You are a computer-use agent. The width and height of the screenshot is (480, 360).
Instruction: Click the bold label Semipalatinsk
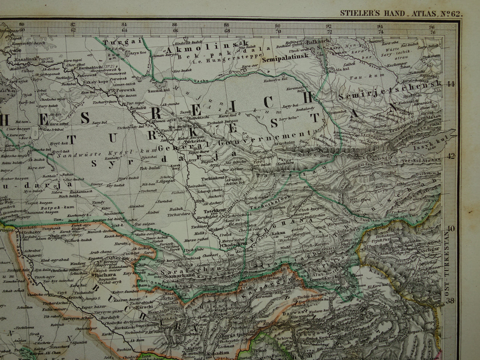pos(285,60)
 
